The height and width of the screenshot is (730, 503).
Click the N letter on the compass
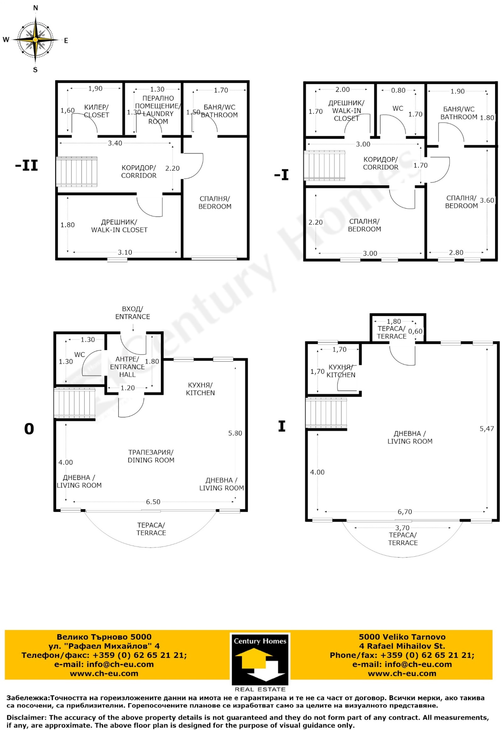36,8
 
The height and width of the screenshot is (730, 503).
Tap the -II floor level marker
26,165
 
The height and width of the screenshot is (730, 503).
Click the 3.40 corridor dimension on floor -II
115,143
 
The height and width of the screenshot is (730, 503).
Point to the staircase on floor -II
77,171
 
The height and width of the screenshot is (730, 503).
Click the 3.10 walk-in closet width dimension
125,252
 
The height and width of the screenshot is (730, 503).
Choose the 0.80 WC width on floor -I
398,91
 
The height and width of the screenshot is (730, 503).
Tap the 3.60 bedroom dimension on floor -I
487,200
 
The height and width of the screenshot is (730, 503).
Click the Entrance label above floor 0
133,313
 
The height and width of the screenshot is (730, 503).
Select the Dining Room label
151,456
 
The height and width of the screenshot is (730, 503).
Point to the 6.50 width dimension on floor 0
153,502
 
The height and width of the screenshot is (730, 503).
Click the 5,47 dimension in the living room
487,429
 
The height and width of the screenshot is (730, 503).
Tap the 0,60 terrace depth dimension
415,332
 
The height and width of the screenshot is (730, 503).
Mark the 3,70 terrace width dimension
402,528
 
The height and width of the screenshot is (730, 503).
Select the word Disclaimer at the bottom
26,717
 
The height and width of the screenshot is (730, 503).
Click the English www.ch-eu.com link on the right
402,673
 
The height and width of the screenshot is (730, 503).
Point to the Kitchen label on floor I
341,371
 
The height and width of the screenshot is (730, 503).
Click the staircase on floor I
326,414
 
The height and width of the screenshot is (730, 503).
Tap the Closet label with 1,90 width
97,111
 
